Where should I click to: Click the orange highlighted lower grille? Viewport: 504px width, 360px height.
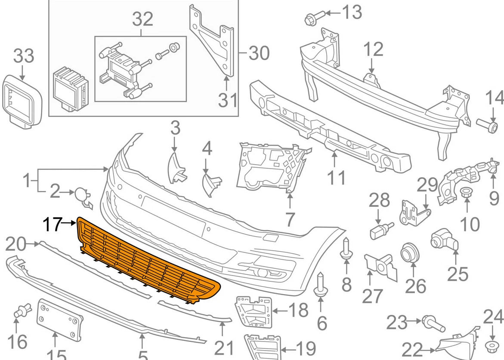146,262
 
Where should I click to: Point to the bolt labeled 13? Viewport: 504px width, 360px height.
311,18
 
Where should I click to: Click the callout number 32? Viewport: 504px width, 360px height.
142,19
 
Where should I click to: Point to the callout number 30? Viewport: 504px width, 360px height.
259,53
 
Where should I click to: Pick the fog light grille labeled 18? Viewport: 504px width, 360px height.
254,311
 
